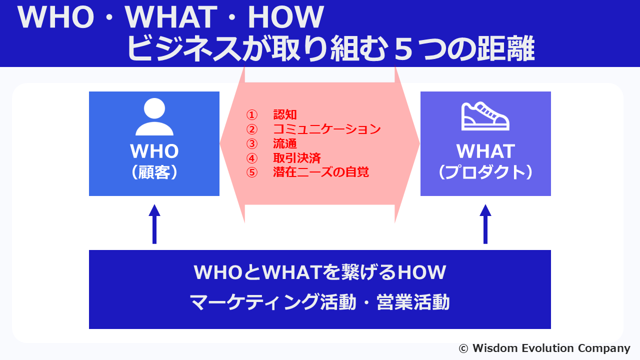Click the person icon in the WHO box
pos(154,117)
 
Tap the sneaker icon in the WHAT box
pos(485,116)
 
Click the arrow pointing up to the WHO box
pos(154,224)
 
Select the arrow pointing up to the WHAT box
pos(485,224)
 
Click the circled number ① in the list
pos(251,115)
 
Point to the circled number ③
pos(251,143)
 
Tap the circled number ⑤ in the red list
pos(251,172)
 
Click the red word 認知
pos(285,114)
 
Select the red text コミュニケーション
pos(327,129)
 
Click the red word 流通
pos(285,143)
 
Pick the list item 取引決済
pos(297,158)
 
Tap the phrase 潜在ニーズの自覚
pos(321,172)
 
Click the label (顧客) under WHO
pos(154,172)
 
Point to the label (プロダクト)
pos(485,172)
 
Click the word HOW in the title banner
pos(285,17)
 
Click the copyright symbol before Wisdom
pos(463,348)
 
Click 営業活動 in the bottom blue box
pos(413,302)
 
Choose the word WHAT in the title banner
pos(171,17)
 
